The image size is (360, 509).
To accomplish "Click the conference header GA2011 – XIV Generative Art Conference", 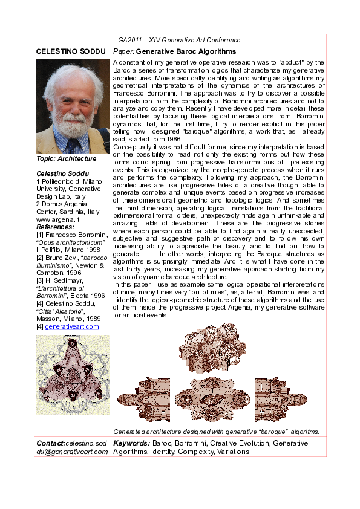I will (179, 40).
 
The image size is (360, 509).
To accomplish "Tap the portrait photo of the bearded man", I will (73, 106).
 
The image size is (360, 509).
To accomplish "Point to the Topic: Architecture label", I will (67, 158).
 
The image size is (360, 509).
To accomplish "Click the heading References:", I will (56, 227).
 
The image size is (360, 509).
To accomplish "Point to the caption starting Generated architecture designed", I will (216, 432).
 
